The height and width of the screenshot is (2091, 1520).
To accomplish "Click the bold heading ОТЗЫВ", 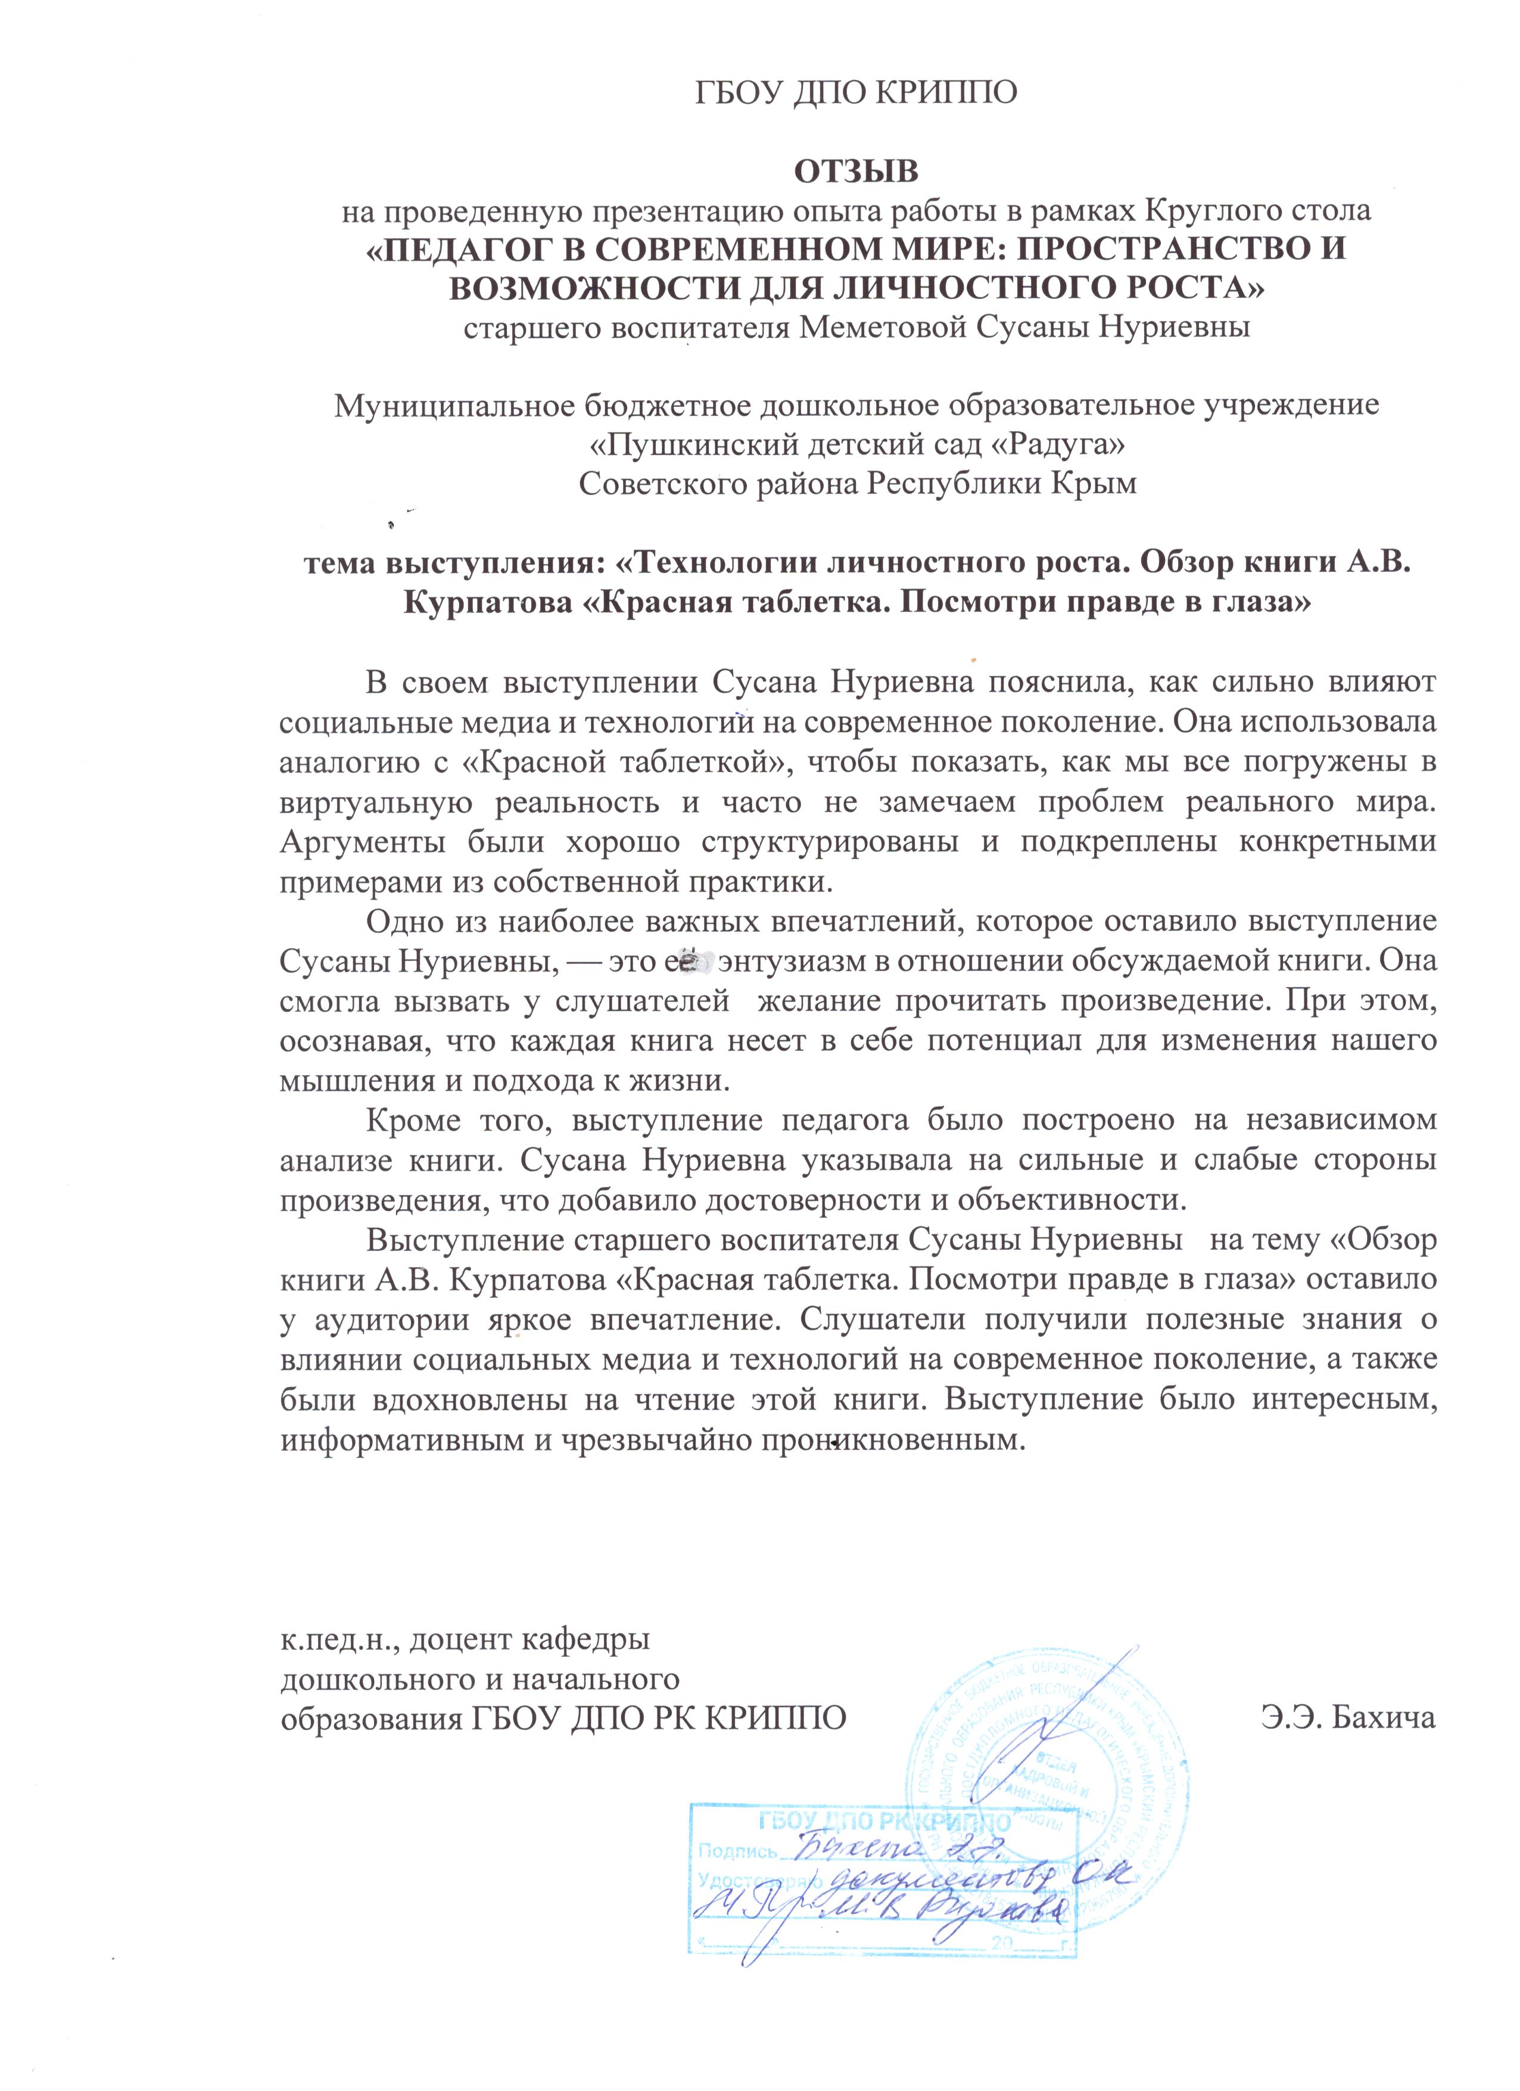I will [856, 172].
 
